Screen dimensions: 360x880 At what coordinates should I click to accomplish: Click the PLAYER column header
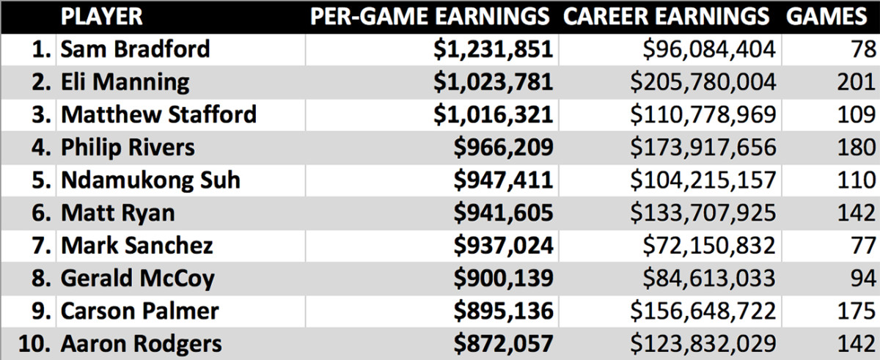point(101,16)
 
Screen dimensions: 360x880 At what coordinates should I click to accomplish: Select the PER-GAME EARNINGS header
point(430,16)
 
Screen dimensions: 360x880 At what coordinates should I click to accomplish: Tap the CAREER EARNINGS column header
point(667,16)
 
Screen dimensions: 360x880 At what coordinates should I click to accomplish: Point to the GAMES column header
point(831,16)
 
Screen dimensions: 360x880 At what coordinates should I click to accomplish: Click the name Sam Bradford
point(135,49)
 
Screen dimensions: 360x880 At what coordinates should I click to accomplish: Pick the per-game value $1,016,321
point(492,114)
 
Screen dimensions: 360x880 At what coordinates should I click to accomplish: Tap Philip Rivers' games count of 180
point(855,147)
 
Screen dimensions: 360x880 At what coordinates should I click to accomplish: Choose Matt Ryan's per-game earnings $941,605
point(502,213)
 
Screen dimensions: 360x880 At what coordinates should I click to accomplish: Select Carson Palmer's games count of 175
point(856,311)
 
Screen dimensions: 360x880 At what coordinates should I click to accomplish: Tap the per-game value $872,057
point(502,343)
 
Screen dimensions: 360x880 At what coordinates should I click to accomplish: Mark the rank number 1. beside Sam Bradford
point(41,49)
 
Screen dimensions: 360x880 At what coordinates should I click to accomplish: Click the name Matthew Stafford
point(158,114)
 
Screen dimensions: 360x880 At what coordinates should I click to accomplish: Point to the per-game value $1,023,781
point(492,81)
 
